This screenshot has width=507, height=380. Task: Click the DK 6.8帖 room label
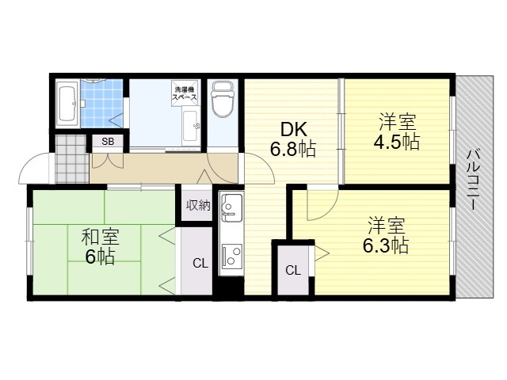293,139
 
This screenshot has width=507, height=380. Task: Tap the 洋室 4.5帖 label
397,131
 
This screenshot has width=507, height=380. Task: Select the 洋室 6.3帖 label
386,236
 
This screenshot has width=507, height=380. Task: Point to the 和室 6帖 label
100,246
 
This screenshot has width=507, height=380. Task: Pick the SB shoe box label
108,142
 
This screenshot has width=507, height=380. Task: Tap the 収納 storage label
198,206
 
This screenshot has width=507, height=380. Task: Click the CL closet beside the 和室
200,264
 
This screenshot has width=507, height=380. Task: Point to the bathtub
67,104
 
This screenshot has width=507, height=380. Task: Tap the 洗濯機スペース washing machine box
185,93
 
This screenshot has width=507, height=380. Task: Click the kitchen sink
231,207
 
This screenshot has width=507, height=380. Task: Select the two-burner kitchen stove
231,255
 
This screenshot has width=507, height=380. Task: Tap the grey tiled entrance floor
72,158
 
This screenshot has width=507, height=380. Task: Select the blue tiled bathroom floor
101,104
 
